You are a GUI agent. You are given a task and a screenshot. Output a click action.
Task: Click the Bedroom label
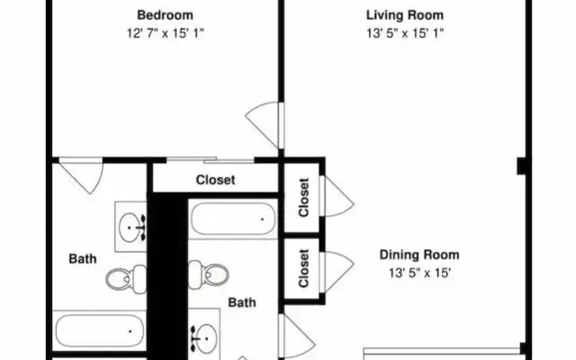[x=165, y=15]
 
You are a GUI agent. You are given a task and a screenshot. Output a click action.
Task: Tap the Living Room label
[x=405, y=15]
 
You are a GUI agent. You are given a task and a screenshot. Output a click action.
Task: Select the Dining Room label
[x=419, y=255]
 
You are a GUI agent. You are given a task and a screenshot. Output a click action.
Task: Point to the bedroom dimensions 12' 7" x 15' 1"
[x=165, y=33]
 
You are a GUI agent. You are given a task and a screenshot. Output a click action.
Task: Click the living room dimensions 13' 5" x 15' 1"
[x=405, y=33]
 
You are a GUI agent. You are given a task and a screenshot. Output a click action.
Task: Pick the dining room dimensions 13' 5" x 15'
[x=419, y=273]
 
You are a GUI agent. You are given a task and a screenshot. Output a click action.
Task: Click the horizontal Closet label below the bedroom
[x=215, y=180]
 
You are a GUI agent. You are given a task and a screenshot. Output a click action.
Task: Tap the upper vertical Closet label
[x=304, y=197]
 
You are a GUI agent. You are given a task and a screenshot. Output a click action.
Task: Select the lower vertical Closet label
[x=304, y=268]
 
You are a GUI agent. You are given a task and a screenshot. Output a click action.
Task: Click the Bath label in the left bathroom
[x=83, y=258]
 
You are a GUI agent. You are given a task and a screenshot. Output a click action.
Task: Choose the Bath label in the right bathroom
[x=242, y=302]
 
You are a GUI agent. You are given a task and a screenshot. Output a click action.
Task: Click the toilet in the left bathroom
[x=126, y=279]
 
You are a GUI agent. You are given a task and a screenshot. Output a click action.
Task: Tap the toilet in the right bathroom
[x=209, y=274]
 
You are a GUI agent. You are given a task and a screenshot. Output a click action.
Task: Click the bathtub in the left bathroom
[x=99, y=330]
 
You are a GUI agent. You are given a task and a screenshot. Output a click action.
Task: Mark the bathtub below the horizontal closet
[x=233, y=219]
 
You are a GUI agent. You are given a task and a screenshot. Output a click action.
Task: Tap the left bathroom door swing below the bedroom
[x=82, y=175]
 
